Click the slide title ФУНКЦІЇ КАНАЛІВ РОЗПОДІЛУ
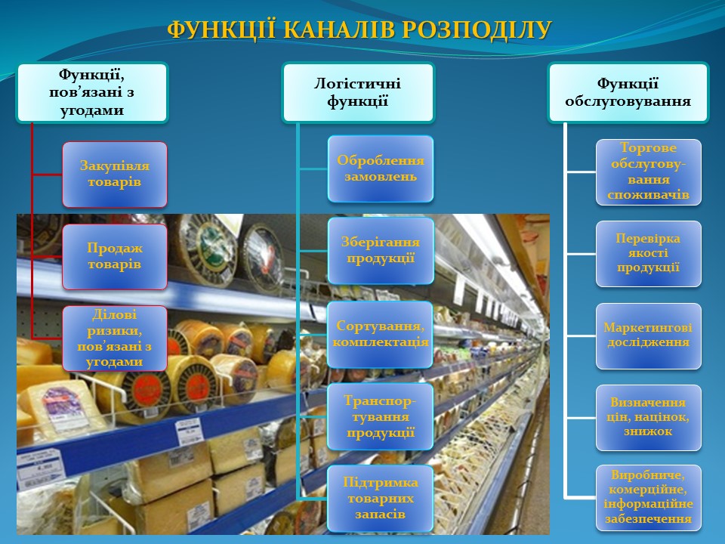[x=359, y=30]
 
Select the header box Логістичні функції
[x=358, y=92]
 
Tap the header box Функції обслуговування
[x=628, y=92]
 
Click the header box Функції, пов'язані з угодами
[x=92, y=92]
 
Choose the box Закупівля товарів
[x=115, y=175]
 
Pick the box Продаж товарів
[x=115, y=257]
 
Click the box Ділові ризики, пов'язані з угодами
[x=115, y=338]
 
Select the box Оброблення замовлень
[x=381, y=168]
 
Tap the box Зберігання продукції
[x=381, y=251]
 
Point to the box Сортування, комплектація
[x=381, y=335]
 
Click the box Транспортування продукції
[x=381, y=416]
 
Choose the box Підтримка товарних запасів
[x=381, y=498]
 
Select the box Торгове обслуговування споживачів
[x=648, y=172]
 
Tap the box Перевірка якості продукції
[x=648, y=254]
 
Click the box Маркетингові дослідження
[x=648, y=335]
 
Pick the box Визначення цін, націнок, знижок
[x=648, y=418]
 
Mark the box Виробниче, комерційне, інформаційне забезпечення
[x=648, y=498]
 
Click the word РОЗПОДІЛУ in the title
[x=477, y=30]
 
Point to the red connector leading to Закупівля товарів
[x=47, y=175]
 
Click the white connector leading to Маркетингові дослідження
[x=581, y=335]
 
